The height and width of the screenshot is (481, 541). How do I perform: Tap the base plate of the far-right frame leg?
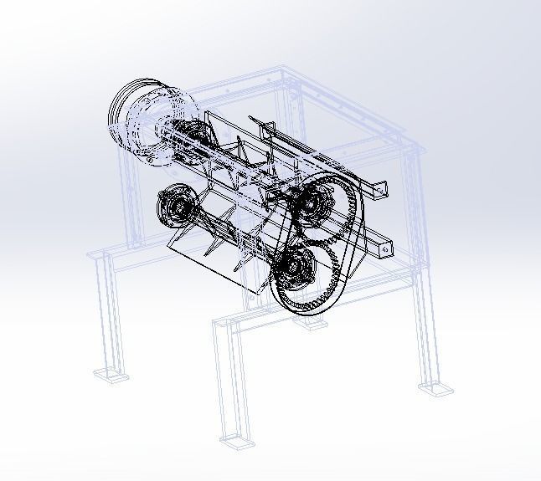tap(435, 386)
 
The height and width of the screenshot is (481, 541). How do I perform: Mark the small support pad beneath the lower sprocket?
tap(312, 321)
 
